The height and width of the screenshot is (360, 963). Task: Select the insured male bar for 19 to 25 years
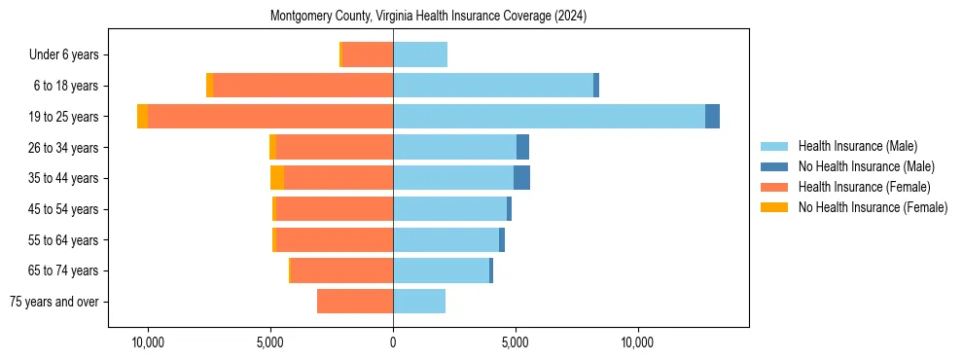[x=549, y=117]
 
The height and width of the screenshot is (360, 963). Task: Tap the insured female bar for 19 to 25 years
[x=270, y=117]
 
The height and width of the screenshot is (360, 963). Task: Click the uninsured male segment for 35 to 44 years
[x=521, y=178]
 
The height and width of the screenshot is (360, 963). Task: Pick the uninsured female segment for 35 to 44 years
[x=277, y=178]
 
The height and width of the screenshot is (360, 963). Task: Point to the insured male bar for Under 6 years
[x=420, y=55]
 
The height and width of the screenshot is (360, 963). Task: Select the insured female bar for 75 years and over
[x=355, y=302]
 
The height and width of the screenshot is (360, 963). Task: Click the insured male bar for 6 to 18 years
[x=493, y=86]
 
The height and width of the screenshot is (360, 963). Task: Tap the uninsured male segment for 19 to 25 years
[x=712, y=117]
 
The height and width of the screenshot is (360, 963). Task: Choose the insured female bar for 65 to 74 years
[x=341, y=270]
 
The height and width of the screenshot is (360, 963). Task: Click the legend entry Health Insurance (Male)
[x=857, y=146]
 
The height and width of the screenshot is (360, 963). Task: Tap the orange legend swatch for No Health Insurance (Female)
[x=775, y=207]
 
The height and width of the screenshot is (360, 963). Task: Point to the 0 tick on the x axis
[x=393, y=342]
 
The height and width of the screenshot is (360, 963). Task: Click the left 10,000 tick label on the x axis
[x=148, y=342]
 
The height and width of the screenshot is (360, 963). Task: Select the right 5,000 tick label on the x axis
[x=516, y=342]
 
